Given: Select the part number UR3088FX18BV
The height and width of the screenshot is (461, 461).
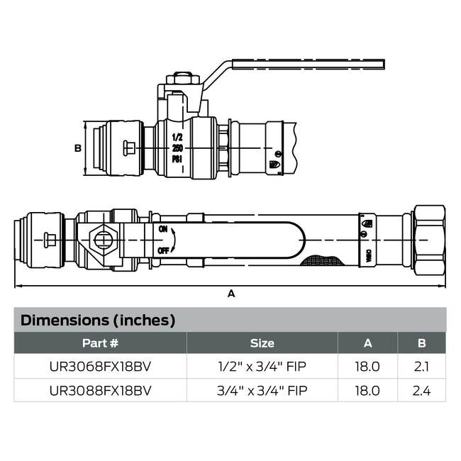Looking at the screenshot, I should coord(100,390).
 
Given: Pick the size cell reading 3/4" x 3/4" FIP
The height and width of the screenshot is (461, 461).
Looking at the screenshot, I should coord(262,390).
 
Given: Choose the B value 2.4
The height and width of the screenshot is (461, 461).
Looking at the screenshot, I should coord(421,390).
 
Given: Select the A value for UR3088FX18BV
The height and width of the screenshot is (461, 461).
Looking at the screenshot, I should coord(367,390).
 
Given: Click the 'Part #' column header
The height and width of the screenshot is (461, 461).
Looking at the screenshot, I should coord(100,343).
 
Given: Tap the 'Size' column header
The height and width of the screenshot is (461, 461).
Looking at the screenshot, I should coord(262,343).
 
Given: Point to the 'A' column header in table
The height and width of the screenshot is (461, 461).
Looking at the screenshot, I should coord(367,343).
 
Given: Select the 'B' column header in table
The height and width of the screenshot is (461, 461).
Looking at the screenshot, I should coord(421,343).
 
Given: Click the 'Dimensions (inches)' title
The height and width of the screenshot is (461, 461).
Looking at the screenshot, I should coord(98,320).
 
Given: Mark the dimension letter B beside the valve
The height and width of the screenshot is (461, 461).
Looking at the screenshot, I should coord(78,148).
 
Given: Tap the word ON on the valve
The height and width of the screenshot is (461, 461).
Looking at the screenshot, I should coord(164,229).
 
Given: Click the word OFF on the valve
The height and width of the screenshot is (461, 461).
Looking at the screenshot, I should coord(164,250).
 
